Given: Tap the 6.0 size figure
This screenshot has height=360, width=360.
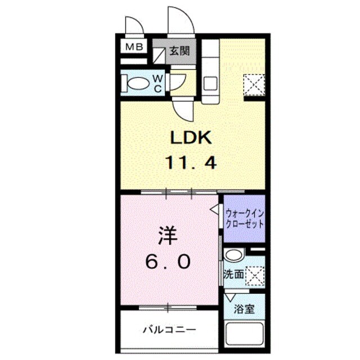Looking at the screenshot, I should pos(169,261).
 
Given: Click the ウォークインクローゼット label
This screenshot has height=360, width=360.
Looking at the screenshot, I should pos(244,218).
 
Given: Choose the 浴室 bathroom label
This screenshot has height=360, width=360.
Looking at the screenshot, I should pos(244,309).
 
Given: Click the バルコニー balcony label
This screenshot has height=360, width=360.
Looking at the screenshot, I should pos(169,329).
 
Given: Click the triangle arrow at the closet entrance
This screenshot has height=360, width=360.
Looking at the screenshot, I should pos(215,209).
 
